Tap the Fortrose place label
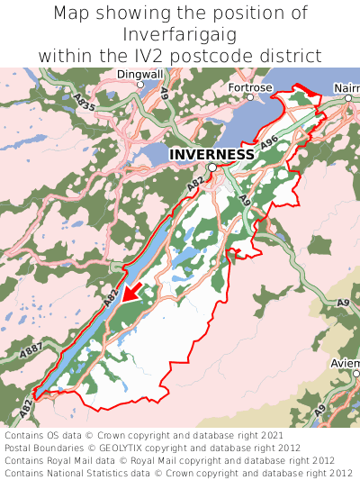click(x=249, y=87)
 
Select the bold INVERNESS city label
click(x=211, y=154)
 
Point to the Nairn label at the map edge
click(x=346, y=88)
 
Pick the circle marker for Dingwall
click(x=140, y=85)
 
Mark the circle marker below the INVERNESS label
click(x=212, y=168)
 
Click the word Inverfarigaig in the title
click(x=180, y=34)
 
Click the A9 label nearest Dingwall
click(x=163, y=92)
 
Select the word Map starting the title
click(x=71, y=14)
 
